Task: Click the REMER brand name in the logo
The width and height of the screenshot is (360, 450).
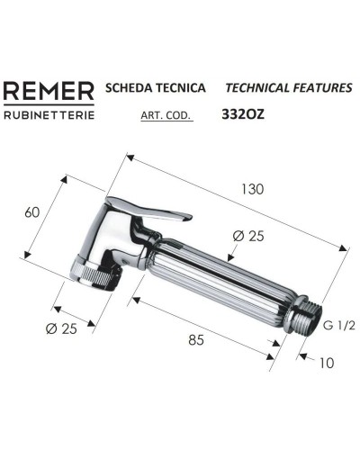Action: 48,92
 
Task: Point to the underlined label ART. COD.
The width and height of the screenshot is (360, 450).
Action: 166,115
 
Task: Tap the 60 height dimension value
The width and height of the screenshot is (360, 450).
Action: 32,211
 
